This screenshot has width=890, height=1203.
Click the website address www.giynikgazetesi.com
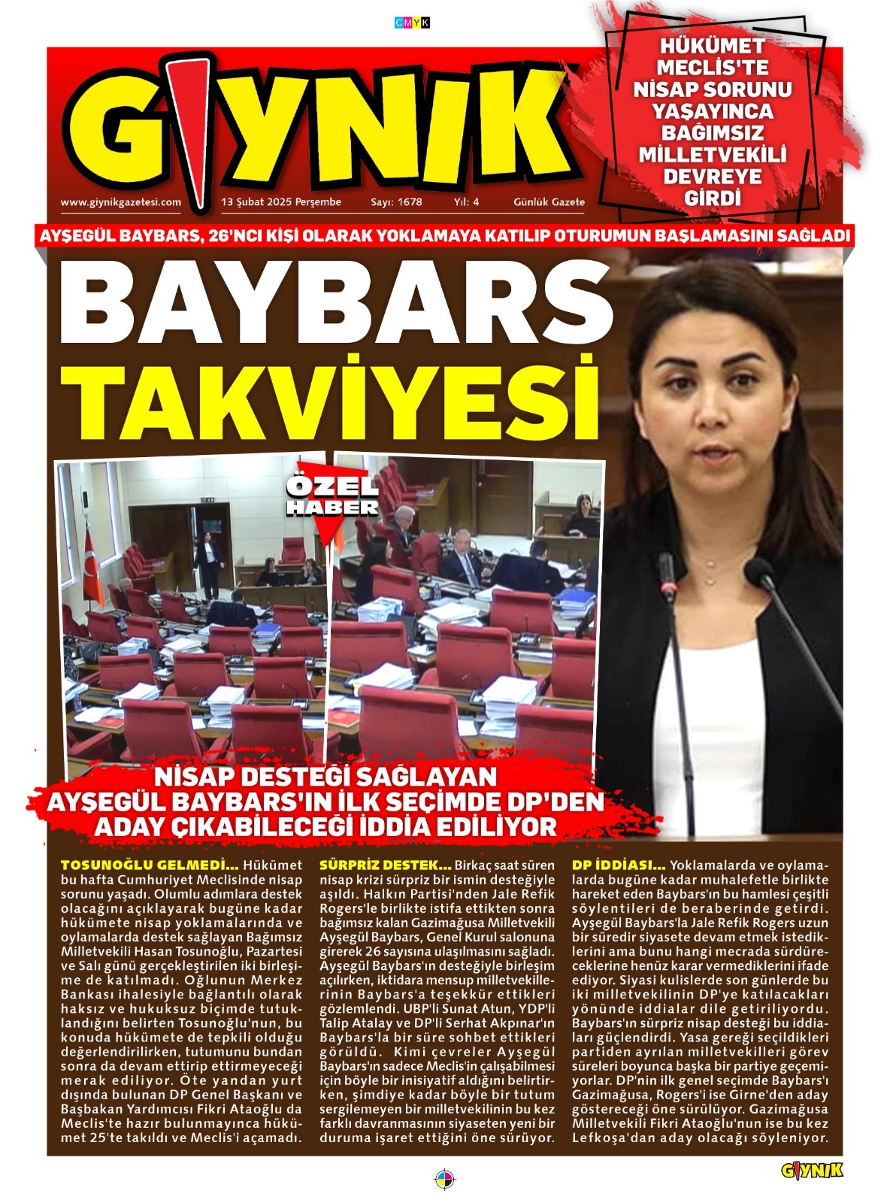click(x=120, y=202)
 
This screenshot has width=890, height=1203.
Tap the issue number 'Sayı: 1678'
click(x=396, y=202)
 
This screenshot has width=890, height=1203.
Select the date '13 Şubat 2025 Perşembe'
click(x=281, y=202)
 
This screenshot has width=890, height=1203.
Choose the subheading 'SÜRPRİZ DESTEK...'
click(x=386, y=865)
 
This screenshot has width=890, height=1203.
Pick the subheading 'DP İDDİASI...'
click(x=619, y=865)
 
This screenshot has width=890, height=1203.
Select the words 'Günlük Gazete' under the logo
click(x=549, y=202)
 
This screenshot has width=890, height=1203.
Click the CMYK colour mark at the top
click(x=412, y=23)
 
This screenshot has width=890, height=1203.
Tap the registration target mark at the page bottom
click(x=445, y=1178)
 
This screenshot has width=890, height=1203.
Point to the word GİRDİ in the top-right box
click(x=712, y=198)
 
